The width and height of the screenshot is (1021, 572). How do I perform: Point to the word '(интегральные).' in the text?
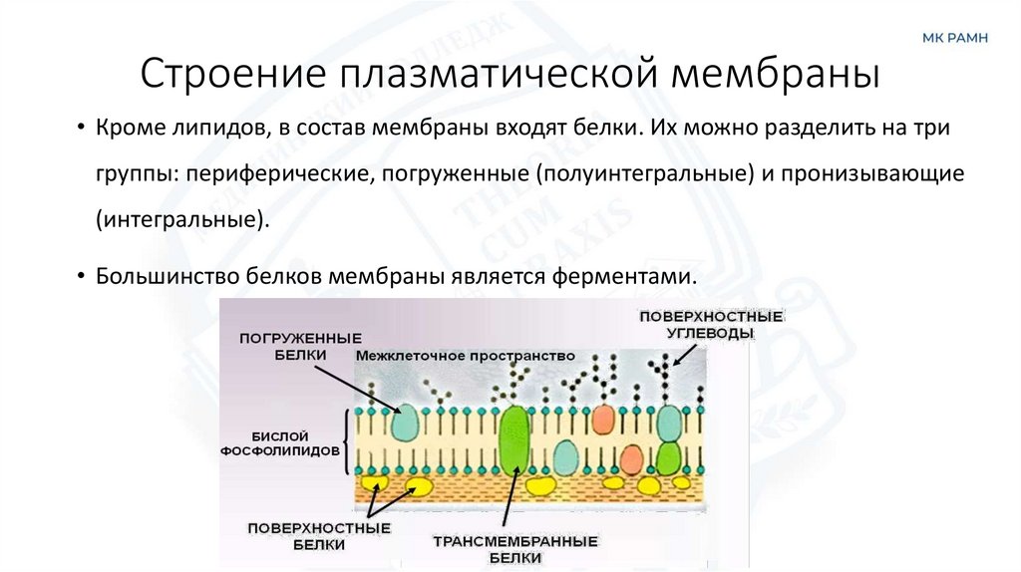pos(182,218)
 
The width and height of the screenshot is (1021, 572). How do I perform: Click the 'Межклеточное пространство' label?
pos(465,355)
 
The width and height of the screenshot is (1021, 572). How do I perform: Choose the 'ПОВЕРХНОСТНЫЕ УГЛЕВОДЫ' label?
pos(711,325)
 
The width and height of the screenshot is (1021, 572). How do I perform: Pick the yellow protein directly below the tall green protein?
pos(542,485)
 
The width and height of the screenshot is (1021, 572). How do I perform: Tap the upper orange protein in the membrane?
pos(603,420)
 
